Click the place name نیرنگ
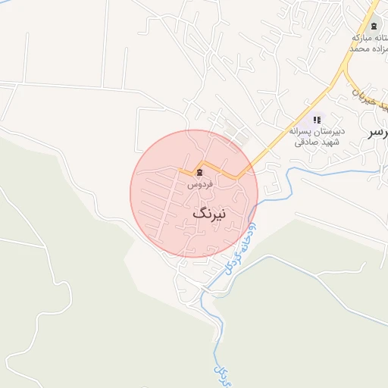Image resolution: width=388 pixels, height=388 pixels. [x=209, y=214]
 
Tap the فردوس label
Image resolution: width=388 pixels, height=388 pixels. [x=199, y=184]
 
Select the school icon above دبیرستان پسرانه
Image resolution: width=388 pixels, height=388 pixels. [x=317, y=120]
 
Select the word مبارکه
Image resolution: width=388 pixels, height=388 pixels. [x=368, y=38]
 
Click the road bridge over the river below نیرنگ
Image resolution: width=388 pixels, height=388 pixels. [x=205, y=288]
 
